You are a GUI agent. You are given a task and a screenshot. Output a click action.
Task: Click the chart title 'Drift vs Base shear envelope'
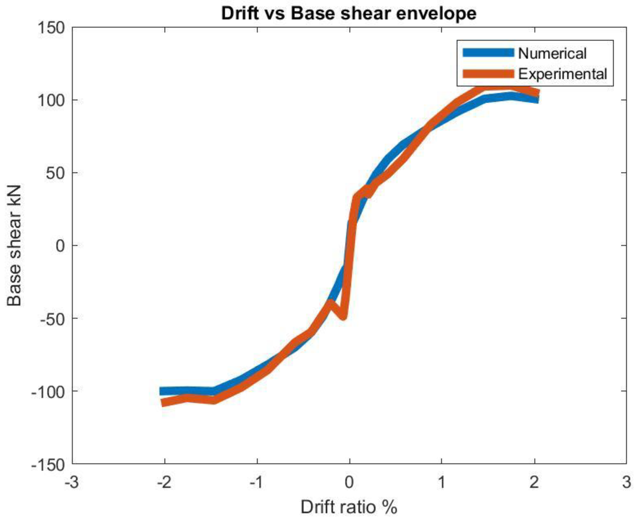349,14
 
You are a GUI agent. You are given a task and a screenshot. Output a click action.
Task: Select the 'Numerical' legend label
552,53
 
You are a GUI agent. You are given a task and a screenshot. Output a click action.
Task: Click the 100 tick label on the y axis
51,101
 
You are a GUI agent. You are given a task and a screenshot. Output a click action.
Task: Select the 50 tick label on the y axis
55,173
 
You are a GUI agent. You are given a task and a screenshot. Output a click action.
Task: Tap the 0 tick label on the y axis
60,246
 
